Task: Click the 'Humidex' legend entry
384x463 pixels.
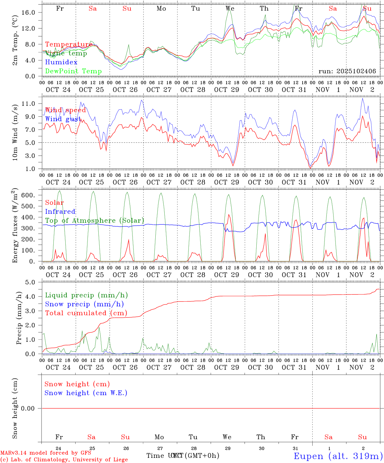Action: [61, 62]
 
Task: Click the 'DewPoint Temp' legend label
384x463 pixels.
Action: [73, 71]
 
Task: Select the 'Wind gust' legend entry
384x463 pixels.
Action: [63, 119]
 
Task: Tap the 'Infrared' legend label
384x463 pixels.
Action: [60, 212]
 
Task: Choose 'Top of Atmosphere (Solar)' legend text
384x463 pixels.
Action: [94, 221]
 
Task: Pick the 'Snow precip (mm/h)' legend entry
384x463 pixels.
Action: [84, 304]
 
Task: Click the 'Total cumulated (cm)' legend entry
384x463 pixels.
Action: [86, 313]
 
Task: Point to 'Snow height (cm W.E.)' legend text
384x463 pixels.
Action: [86, 393]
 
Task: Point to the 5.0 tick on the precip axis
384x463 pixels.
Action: [34, 282]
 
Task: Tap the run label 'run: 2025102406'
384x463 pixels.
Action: [347, 71]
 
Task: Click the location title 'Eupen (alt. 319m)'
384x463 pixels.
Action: [338, 456]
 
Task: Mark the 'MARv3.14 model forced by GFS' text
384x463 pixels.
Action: [46, 453]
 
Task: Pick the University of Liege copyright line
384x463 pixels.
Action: [64, 460]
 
